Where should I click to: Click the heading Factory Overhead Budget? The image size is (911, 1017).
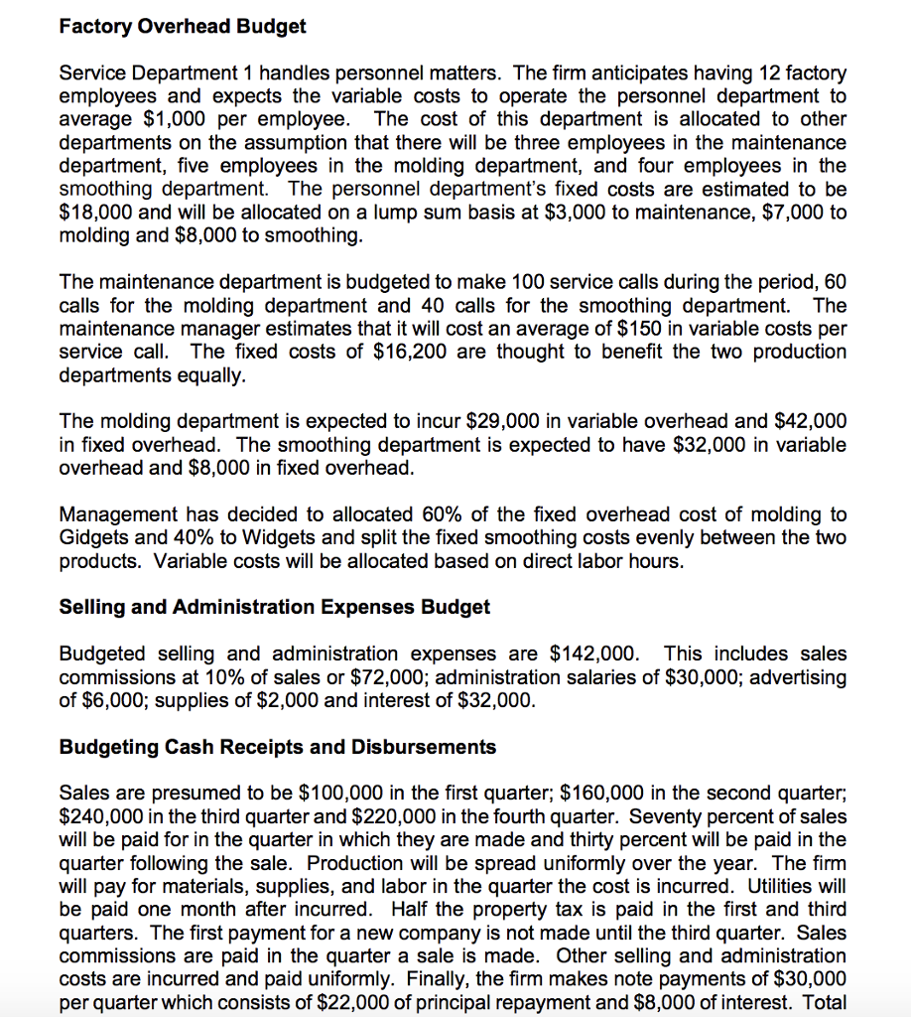[x=183, y=27]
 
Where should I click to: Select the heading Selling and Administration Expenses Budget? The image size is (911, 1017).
[x=275, y=606]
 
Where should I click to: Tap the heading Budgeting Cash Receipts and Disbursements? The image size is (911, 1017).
[x=278, y=746]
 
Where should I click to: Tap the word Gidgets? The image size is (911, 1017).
[x=95, y=537]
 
